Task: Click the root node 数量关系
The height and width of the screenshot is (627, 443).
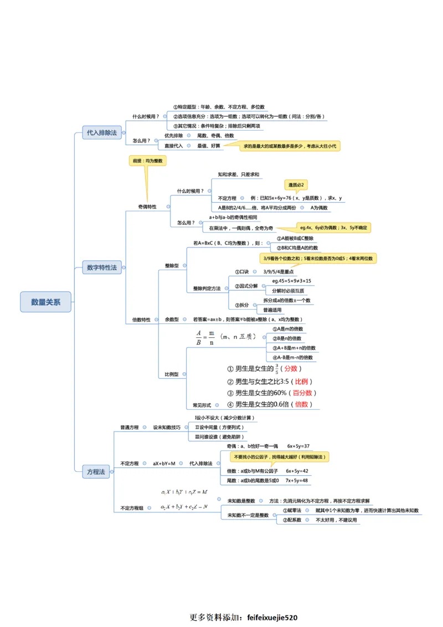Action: (46, 302)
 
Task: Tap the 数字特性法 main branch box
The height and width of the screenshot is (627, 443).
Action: (102, 268)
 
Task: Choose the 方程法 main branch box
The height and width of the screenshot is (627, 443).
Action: (95, 472)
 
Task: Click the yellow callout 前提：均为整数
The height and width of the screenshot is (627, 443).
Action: (147, 161)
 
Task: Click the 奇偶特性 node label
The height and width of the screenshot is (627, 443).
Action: (147, 207)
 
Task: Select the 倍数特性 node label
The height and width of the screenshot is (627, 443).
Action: (141, 320)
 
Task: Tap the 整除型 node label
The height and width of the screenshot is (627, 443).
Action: (172, 266)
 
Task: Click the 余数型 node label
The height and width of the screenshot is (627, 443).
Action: (172, 320)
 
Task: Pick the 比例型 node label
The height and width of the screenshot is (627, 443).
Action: (172, 374)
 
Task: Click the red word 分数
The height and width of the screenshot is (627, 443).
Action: (291, 369)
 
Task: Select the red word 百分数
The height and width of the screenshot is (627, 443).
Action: (302, 393)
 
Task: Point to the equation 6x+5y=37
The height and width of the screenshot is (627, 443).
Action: (298, 446)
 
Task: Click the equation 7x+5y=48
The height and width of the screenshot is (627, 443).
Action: (296, 480)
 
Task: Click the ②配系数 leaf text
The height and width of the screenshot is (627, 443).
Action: (292, 520)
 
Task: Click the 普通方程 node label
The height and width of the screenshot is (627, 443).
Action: (130, 428)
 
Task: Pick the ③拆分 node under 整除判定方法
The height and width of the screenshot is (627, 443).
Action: (241, 305)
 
